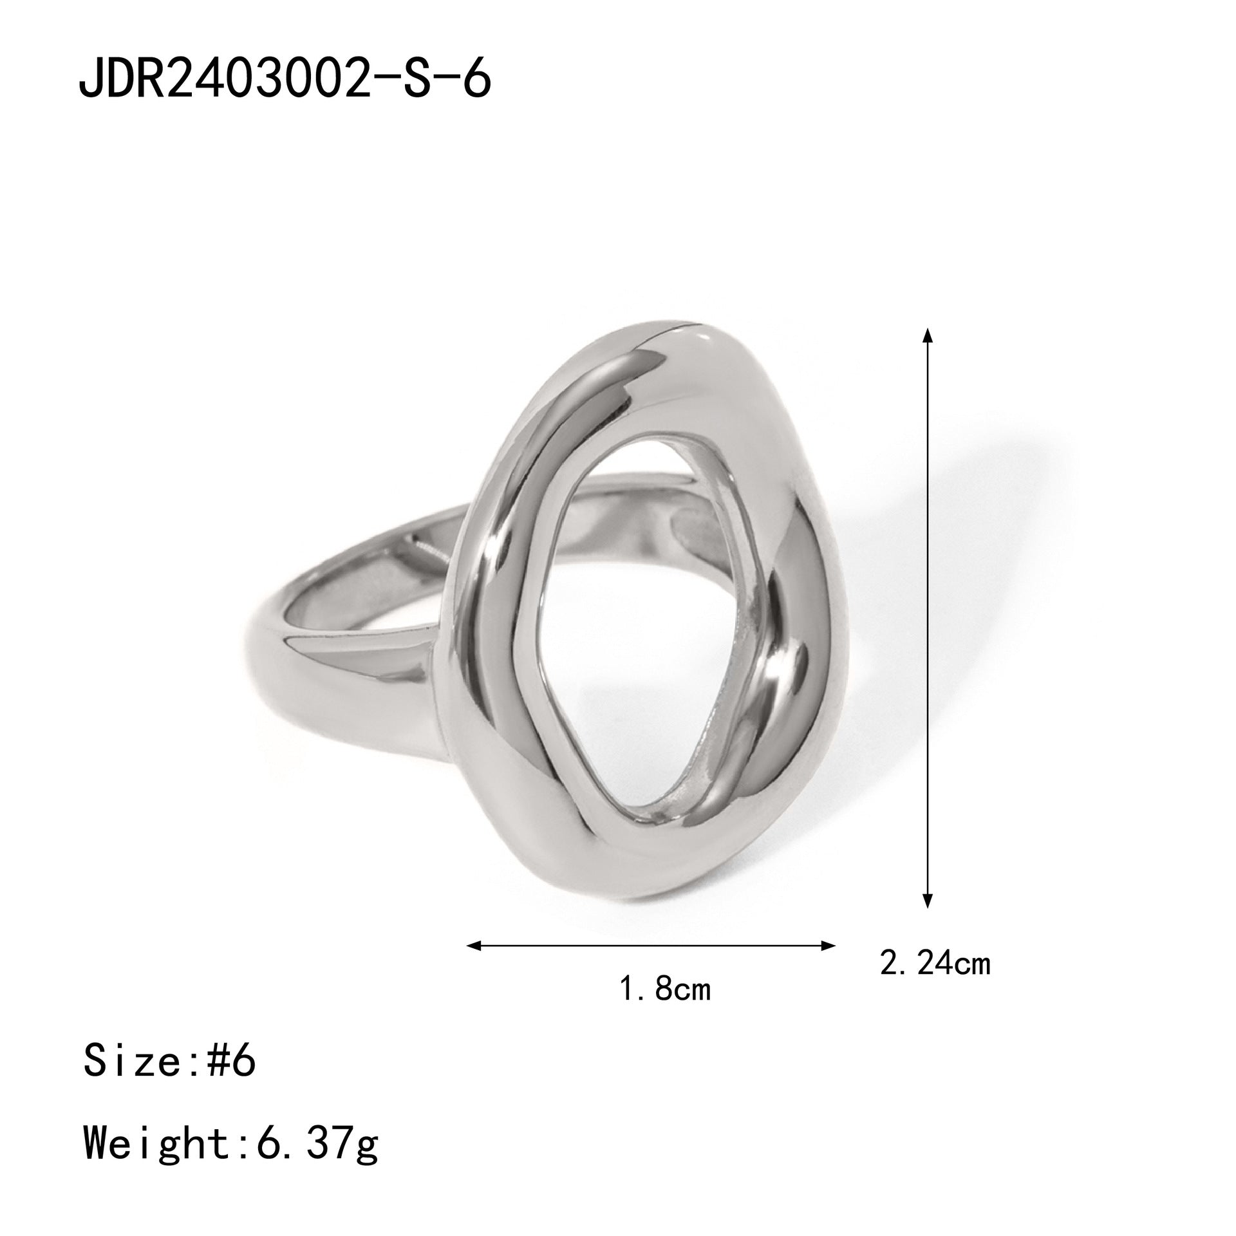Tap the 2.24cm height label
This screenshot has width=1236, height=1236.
935,983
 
